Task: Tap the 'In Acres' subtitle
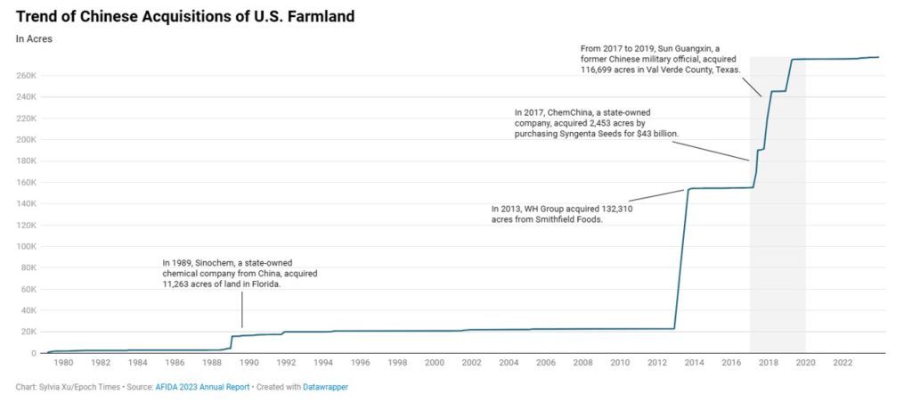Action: pyautogui.click(x=34, y=39)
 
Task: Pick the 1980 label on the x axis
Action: pyautogui.click(x=63, y=362)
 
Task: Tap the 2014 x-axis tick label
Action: pyautogui.click(x=694, y=362)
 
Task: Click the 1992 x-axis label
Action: pyautogui.click(x=286, y=362)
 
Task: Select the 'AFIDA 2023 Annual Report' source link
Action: pyautogui.click(x=202, y=387)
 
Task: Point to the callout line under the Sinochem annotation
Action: pyautogui.click(x=241, y=314)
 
